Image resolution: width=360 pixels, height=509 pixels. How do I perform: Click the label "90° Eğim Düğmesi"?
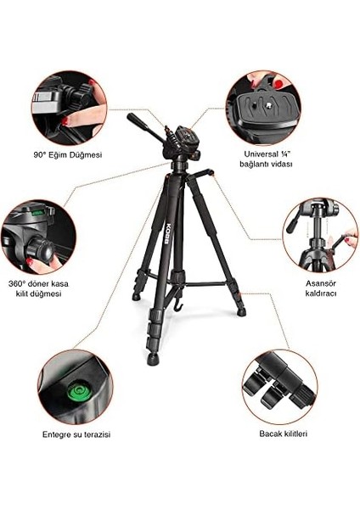68,155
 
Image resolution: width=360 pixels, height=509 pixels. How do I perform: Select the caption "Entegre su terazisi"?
76,433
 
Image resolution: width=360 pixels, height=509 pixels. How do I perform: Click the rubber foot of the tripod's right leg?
242,312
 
